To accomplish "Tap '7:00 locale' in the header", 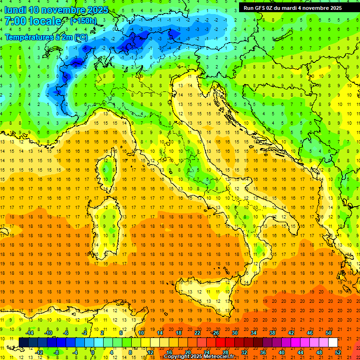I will pos(33,21).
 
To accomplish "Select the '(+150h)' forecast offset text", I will pos(83,21).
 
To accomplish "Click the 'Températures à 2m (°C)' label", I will pos(46,37).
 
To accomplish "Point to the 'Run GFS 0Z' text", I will pos(260,8).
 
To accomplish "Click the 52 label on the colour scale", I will pos(337,352).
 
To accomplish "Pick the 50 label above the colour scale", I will pos(328,333).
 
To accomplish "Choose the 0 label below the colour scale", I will pos(93,352).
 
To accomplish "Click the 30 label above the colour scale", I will pos(234,333).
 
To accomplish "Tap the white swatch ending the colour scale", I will pos(333,343).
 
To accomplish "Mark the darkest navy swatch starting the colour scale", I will pos(23,343).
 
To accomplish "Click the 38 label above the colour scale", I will pos(272,333).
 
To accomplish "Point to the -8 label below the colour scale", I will pos(56,352).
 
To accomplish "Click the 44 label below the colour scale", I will pos(300,352).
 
